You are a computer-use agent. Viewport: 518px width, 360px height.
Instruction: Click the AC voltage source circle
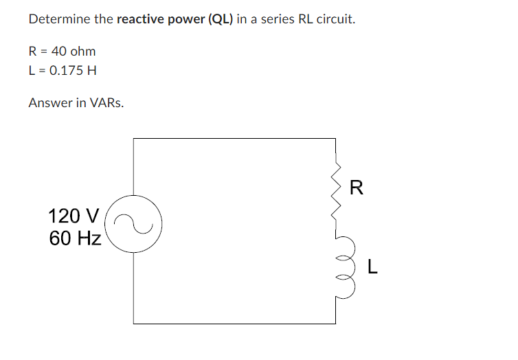pos(133,223)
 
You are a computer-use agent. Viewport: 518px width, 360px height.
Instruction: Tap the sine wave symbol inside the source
pos(133,223)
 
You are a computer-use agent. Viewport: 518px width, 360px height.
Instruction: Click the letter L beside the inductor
pos(372,267)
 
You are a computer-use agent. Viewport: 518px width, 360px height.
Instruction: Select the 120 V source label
pos(74,216)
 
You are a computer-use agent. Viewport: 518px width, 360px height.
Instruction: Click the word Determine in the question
pos(59,19)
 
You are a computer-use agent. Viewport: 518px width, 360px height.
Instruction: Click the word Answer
pos(49,103)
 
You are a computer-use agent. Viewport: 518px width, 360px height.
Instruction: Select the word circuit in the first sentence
pos(335,19)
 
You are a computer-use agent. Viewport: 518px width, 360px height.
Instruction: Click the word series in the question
pos(276,19)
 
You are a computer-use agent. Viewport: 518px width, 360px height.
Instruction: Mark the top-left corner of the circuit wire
pos(133,139)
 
